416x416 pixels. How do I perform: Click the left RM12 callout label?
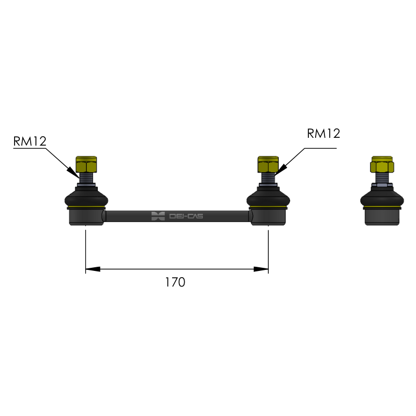30,141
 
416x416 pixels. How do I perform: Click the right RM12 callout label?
323,134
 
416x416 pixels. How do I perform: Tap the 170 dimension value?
175,282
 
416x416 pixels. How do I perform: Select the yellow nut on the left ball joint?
86,164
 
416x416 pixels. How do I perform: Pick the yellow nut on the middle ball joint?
268,164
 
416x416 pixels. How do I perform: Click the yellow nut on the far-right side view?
382,164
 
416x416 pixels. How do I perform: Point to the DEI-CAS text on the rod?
186,216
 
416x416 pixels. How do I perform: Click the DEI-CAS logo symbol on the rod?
158,216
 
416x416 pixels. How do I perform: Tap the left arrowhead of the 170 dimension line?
93,269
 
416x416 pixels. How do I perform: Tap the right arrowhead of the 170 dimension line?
261,269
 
